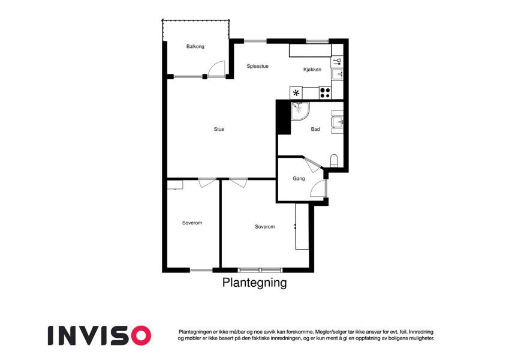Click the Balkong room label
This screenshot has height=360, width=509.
click(x=195, y=46)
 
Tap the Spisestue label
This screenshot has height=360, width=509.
click(x=257, y=66)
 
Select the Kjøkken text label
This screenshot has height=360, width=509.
click(x=312, y=70)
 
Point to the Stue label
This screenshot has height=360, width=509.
click(x=219, y=130)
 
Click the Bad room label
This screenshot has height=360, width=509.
click(x=315, y=130)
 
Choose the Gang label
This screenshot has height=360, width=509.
click(x=299, y=179)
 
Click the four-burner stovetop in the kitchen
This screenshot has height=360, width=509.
click(x=325, y=93)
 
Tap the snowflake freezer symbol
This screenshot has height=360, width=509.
click(x=296, y=93)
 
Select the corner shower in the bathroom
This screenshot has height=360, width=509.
click(x=300, y=111)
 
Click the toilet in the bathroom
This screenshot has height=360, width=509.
click(x=334, y=161)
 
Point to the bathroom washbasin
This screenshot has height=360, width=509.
click(x=338, y=122)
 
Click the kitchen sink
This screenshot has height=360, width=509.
click(x=338, y=74)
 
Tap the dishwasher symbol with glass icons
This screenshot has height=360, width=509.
click(x=338, y=61)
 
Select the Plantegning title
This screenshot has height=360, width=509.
click(x=254, y=283)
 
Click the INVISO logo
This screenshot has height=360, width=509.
click(x=100, y=335)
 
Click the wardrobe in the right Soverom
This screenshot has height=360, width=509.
click(x=302, y=227)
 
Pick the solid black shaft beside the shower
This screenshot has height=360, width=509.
click(x=284, y=117)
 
